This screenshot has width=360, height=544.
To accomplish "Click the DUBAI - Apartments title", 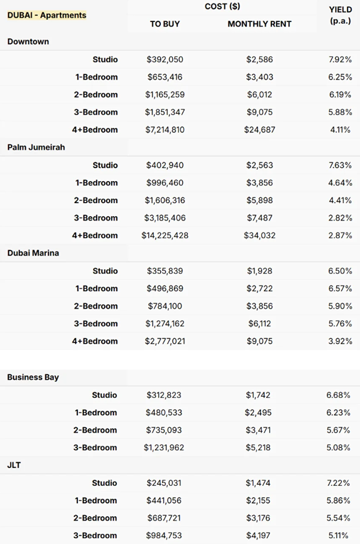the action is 47,15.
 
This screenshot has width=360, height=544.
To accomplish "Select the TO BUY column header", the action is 165,24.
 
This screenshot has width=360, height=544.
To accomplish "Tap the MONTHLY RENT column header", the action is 260,24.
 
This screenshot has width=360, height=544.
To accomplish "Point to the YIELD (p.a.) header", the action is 340,15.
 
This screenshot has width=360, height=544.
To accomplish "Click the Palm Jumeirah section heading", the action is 36,147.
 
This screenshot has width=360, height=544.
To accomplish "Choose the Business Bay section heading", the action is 33,377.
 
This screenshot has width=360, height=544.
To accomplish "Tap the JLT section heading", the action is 14,465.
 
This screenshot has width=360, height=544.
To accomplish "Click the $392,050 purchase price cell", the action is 165,59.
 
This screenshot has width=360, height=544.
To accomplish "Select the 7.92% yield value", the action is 340,59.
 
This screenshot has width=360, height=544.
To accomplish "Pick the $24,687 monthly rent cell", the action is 260,130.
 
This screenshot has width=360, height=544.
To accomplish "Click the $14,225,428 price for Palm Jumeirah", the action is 165,235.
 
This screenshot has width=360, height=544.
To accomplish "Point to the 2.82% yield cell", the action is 340,218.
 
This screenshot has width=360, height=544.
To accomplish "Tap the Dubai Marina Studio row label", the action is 105,271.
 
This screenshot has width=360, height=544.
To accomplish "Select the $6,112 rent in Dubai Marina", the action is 260,324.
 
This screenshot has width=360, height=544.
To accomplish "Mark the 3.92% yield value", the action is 340,341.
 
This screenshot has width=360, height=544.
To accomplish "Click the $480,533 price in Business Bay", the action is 164,413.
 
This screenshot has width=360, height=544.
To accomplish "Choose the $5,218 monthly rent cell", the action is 258,448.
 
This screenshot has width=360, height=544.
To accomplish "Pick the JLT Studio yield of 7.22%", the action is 338,483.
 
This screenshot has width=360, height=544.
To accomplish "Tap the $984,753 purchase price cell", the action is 164,536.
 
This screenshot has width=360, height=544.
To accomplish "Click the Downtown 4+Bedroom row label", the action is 95,130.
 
